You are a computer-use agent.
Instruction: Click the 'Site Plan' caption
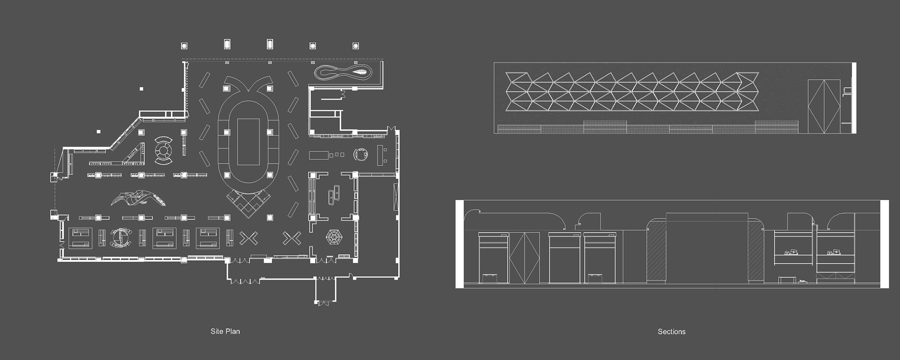[x=225, y=331]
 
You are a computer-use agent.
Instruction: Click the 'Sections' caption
[x=671, y=332]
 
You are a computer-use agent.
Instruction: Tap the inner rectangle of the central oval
[x=248, y=142]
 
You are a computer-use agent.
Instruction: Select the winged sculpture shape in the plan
[x=139, y=198]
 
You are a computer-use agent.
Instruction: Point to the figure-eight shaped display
[x=344, y=73]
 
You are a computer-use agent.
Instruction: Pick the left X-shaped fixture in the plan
[x=248, y=238]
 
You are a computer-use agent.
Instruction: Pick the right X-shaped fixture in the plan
[x=292, y=238]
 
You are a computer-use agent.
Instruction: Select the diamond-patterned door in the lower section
[x=524, y=258]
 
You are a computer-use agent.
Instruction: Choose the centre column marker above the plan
[x=270, y=45]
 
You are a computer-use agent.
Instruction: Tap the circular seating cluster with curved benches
[x=164, y=150]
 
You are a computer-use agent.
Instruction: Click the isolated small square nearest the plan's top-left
[x=142, y=89]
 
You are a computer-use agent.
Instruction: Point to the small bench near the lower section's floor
[x=787, y=280]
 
